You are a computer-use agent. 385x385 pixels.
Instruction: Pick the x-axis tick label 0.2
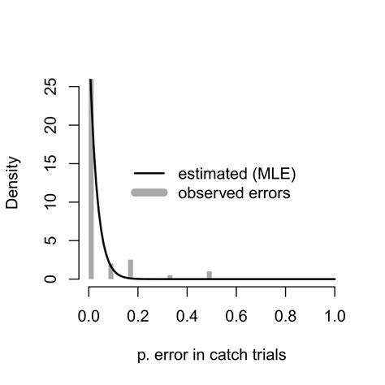(139, 316)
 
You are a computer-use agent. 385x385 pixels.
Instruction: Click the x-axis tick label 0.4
(188, 316)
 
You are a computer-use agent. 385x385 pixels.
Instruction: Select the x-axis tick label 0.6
(236, 316)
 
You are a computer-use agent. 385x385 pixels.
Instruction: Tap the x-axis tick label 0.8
(286, 316)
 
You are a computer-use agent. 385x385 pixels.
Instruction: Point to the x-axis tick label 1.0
(335, 316)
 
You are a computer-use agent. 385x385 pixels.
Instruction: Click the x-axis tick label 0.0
(89, 316)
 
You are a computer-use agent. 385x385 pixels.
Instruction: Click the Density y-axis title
(13, 183)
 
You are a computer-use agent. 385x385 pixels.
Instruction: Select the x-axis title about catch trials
(212, 355)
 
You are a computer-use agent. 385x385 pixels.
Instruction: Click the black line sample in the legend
(149, 173)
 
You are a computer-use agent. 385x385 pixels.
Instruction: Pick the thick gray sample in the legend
(149, 193)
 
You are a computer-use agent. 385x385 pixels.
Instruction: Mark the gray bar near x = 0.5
(209, 275)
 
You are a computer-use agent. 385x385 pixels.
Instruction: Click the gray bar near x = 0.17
(130, 270)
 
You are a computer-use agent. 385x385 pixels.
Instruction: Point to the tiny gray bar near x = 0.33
(170, 277)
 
